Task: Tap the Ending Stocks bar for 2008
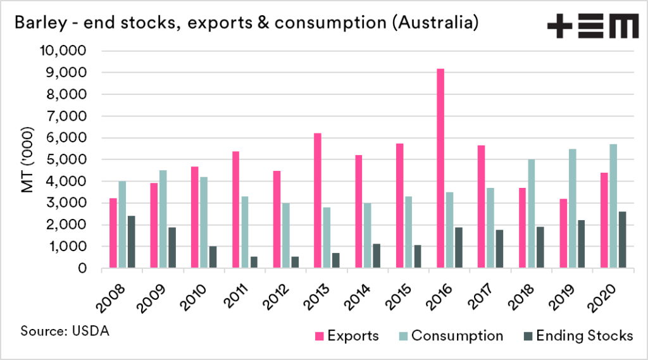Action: pyautogui.click(x=131, y=242)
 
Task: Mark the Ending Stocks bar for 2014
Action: pyautogui.click(x=377, y=256)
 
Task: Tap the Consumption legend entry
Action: pyautogui.click(x=451, y=335)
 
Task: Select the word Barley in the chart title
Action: pyautogui.click(x=37, y=25)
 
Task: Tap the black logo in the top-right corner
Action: pyautogui.click(x=593, y=26)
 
